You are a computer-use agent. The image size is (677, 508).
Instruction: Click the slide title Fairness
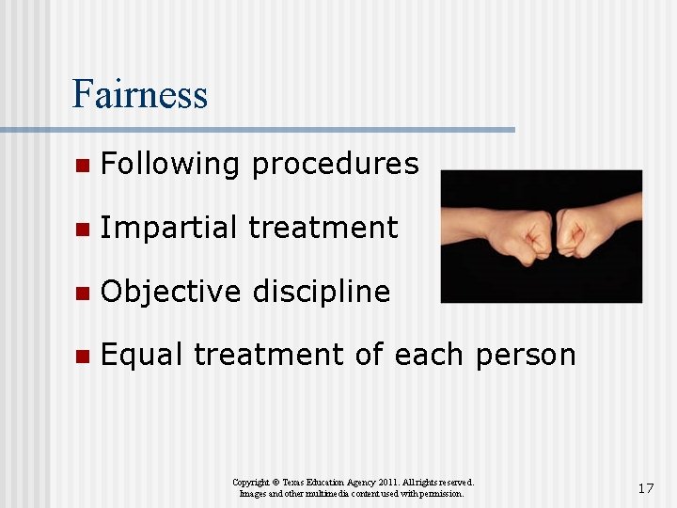click(x=139, y=94)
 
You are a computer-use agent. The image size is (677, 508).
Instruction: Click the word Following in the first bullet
click(x=170, y=165)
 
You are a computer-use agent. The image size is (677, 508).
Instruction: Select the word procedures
click(x=334, y=165)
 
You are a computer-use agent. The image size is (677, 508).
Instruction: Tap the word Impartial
click(x=168, y=228)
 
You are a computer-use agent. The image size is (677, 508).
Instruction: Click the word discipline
click(x=320, y=292)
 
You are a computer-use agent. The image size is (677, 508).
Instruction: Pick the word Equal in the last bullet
click(x=143, y=355)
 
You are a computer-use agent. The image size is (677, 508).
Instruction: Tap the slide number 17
click(x=645, y=488)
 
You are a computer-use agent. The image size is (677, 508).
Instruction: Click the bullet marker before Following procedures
click(x=82, y=166)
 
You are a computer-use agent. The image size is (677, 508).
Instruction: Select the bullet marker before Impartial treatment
click(x=82, y=229)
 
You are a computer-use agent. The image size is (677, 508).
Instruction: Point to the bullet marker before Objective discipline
click(x=82, y=293)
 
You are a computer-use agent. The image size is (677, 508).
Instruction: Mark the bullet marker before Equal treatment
click(x=82, y=356)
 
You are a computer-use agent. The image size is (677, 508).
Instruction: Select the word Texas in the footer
click(x=291, y=482)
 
